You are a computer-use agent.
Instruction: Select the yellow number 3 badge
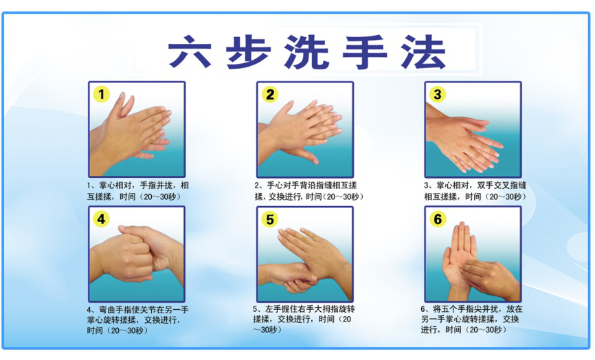pyautogui.click(x=438, y=94)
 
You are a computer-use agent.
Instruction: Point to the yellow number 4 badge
pyautogui.click(x=102, y=219)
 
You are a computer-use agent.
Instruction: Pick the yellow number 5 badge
pyautogui.click(x=270, y=219)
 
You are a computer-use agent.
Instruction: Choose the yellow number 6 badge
pyautogui.click(x=438, y=219)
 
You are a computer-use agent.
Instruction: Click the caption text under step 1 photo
pyautogui.click(x=137, y=191)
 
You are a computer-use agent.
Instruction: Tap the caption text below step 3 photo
pyautogui.click(x=473, y=191)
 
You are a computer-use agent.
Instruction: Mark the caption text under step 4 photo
pyautogui.click(x=137, y=319)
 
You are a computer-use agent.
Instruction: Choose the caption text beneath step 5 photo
pyautogui.click(x=302, y=319)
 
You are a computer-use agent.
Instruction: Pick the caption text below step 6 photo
pyautogui.click(x=471, y=319)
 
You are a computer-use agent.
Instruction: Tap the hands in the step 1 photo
pyautogui.click(x=134, y=131)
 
